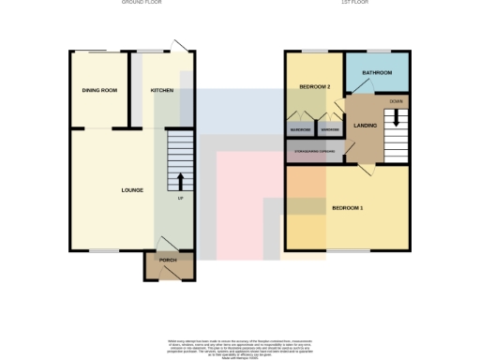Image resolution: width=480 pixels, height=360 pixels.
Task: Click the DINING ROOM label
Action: (x=98, y=90)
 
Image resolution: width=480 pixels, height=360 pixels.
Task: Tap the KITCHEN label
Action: (x=162, y=90)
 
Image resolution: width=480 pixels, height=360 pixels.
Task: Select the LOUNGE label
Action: (x=132, y=190)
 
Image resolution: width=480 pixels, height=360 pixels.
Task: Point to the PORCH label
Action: (x=168, y=260)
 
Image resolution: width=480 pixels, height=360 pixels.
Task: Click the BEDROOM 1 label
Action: (x=347, y=207)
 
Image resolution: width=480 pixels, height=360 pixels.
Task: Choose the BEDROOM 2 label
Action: (x=315, y=86)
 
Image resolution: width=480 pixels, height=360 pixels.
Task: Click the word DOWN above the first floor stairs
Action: (x=396, y=100)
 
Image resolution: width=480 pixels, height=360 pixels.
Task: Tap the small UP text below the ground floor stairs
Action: (x=180, y=198)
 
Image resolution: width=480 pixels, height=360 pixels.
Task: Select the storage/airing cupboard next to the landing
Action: (x=314, y=152)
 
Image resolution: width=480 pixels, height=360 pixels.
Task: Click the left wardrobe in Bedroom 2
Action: (x=300, y=129)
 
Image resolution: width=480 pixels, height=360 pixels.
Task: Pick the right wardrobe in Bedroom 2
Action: (x=329, y=129)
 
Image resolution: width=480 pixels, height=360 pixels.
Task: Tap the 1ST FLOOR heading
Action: (x=352, y=3)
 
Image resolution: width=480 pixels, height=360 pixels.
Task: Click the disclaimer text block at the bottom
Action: (x=239, y=345)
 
